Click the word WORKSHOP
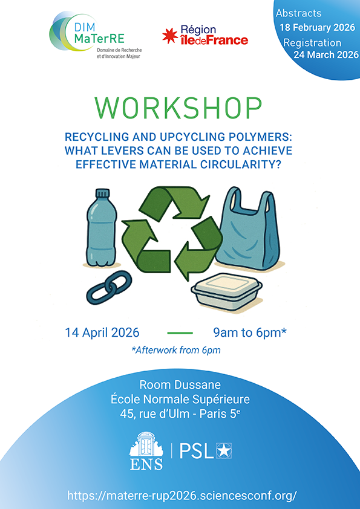tap(179, 108)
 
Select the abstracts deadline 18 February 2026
tap(316, 27)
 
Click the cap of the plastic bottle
tap(102, 195)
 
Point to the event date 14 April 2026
tap(102, 332)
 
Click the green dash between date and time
tap(179, 333)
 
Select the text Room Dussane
tap(179, 384)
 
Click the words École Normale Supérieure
tap(180, 400)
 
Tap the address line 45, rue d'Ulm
tap(180, 415)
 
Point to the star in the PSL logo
tap(224, 450)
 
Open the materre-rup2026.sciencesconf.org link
tap(180, 494)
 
